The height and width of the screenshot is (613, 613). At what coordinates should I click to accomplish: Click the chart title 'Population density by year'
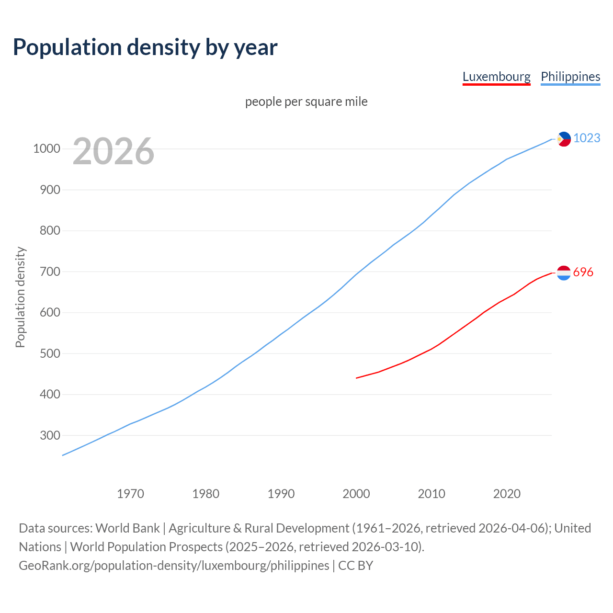tap(145, 47)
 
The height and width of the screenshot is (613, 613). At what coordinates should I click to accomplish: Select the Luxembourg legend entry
tap(496, 77)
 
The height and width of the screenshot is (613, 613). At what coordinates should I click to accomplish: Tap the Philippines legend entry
tap(570, 77)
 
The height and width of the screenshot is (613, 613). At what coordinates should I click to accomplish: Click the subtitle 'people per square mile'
tap(306, 102)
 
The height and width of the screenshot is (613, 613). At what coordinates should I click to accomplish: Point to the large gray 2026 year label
tap(114, 151)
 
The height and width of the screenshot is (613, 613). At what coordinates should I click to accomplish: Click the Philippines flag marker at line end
tap(564, 139)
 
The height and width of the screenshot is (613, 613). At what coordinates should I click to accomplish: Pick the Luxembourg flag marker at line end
tap(564, 272)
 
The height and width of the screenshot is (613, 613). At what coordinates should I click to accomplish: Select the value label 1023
tap(587, 138)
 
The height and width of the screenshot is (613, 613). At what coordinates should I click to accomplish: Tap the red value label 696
tap(583, 272)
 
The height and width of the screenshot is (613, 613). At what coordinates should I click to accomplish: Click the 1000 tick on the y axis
tap(46, 149)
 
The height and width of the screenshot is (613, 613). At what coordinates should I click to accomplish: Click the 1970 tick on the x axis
tap(130, 494)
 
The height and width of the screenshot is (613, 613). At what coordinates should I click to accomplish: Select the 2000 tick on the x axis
tap(356, 494)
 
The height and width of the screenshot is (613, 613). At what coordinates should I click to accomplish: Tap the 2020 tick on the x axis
tap(507, 494)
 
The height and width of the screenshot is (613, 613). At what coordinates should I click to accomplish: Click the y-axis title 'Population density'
tap(20, 297)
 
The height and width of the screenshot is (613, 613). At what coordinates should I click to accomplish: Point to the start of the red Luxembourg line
tap(357, 378)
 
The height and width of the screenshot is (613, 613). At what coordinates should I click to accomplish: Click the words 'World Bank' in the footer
tap(127, 528)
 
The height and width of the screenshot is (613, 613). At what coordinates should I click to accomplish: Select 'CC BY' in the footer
tap(355, 566)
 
